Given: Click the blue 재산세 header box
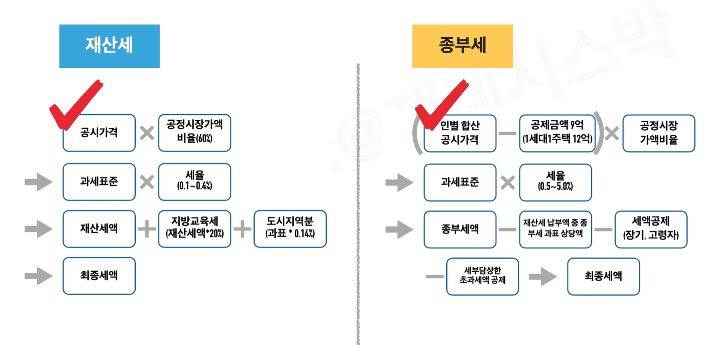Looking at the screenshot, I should (x=109, y=46).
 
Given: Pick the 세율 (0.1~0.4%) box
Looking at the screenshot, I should (x=194, y=182).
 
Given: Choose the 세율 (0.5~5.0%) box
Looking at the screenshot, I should (x=555, y=182).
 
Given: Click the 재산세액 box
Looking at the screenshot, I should (x=99, y=229).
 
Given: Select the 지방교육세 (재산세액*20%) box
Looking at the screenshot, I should (x=194, y=229).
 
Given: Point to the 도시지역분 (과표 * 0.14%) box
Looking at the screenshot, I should (x=290, y=229).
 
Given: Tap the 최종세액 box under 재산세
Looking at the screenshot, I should (x=99, y=276).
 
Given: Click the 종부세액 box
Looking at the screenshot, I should (x=460, y=230).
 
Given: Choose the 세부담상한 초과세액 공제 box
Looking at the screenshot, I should (x=482, y=276).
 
